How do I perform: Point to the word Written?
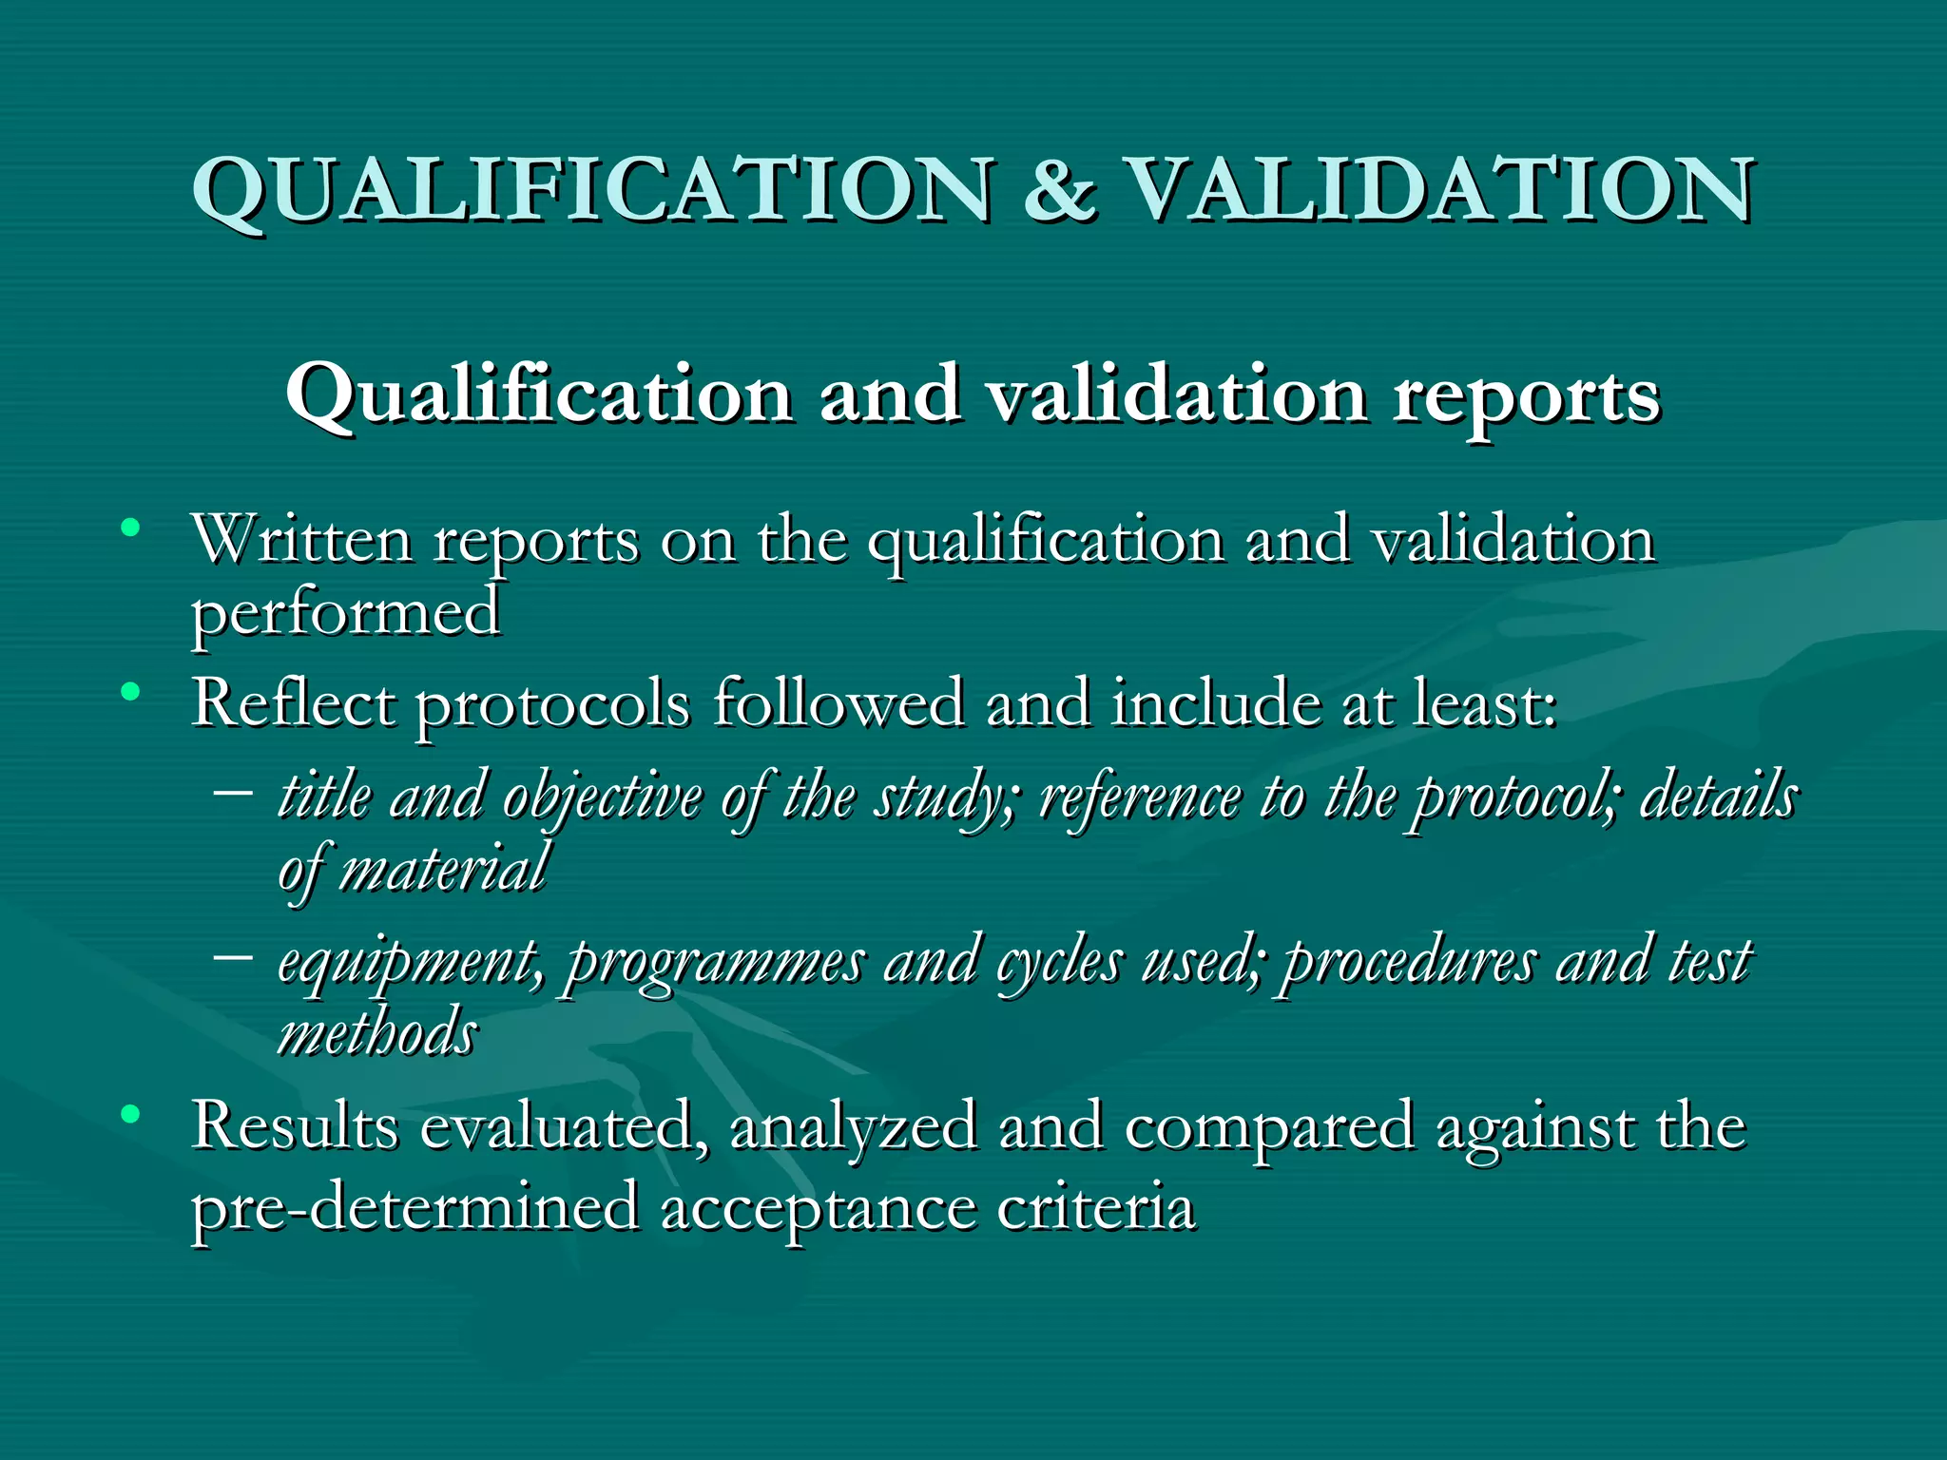pos(302,540)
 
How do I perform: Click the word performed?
pos(346,613)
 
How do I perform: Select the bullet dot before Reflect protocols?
pos(131,691)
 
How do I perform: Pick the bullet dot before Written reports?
pos(131,527)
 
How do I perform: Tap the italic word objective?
pos(602,797)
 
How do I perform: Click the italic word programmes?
pos(715,962)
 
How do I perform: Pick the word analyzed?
pos(853,1127)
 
